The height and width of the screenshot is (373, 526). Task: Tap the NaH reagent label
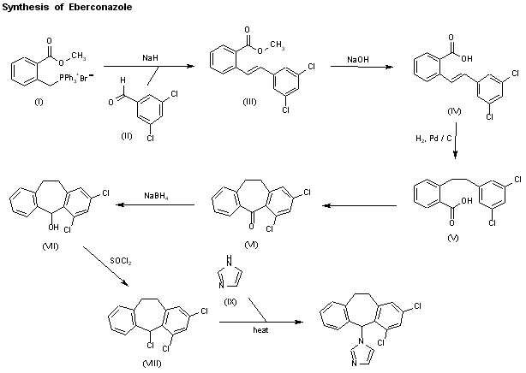(149, 56)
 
